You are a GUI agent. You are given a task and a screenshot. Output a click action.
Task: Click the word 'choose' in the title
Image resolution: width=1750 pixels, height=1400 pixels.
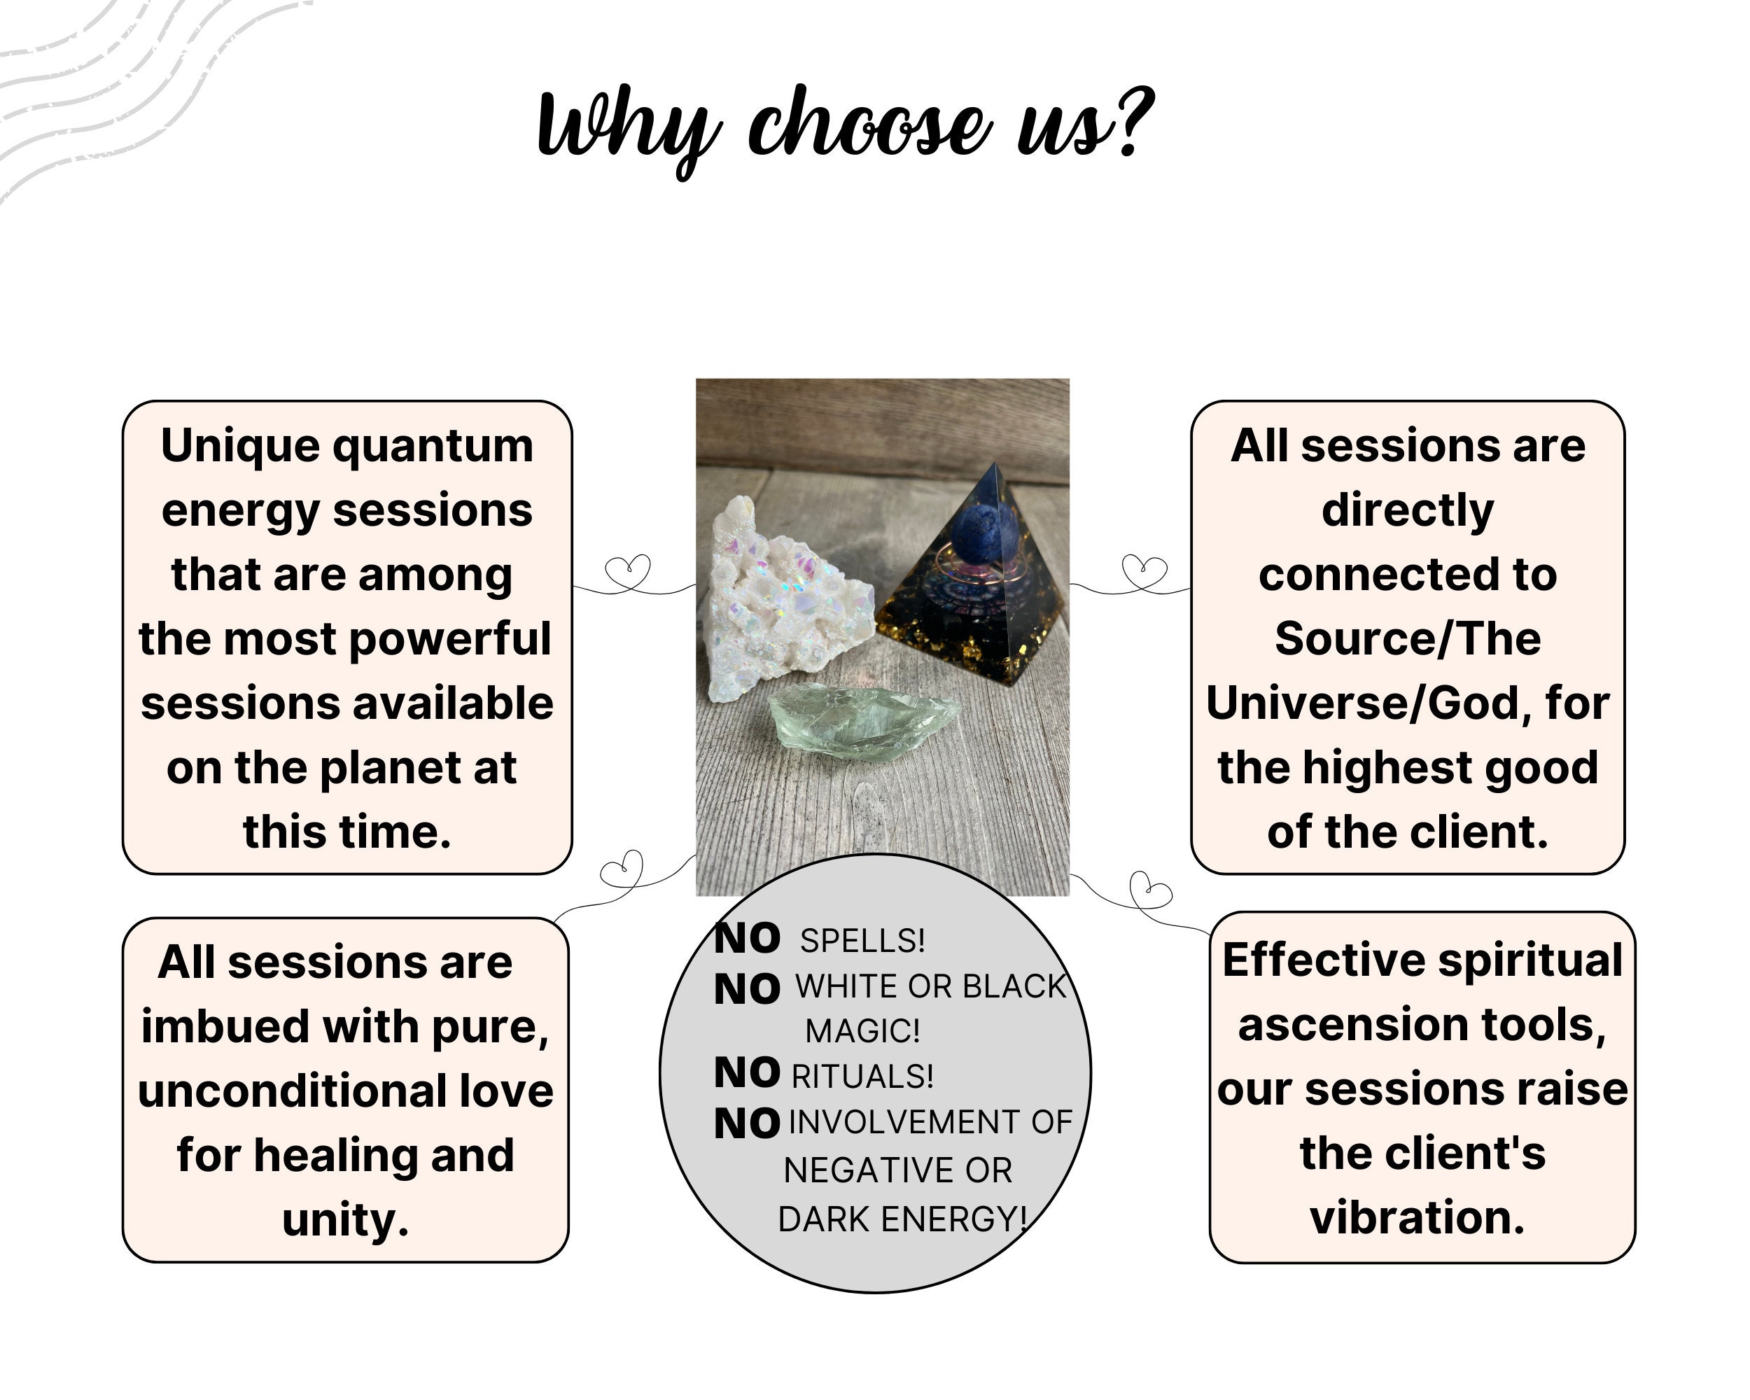click(869, 126)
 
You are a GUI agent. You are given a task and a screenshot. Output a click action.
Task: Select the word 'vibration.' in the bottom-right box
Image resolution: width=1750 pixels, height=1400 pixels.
click(1417, 1217)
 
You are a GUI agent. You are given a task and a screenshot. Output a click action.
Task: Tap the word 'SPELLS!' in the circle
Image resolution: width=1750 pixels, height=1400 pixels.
click(862, 941)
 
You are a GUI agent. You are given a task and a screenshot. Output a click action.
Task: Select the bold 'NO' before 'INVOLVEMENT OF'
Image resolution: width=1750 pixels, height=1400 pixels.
click(747, 1124)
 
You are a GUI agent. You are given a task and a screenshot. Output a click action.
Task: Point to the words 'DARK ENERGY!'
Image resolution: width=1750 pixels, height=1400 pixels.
click(901, 1219)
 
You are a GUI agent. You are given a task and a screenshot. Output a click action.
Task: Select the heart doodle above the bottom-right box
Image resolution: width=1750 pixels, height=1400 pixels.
click(1149, 892)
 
